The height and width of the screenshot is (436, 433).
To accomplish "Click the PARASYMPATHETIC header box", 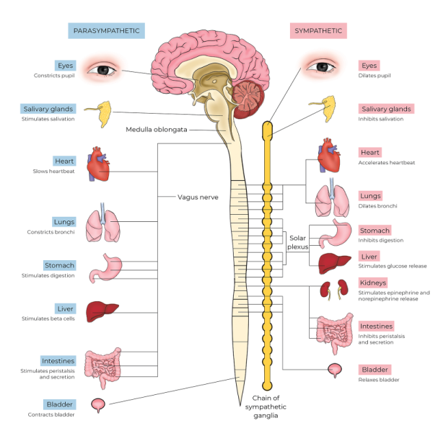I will tap(107, 30).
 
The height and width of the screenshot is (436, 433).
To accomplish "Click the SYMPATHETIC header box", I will tap(319, 30).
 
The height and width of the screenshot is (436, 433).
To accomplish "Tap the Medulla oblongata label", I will tap(156, 130).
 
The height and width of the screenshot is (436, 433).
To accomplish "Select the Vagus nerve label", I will tap(198, 196).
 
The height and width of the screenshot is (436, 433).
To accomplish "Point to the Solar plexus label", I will tap(298, 241).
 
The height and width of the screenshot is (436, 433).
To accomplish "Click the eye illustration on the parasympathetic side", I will tap(105, 70).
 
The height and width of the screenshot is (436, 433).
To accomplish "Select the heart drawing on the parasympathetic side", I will tap(98, 165).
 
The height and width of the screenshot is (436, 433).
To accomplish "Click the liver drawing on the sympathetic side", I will tap(333, 261).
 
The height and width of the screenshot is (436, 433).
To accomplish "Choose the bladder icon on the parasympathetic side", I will tap(99, 405).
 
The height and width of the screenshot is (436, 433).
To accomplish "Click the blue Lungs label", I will tap(64, 222).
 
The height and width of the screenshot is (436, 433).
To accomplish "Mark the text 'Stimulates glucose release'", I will tap(393, 266).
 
